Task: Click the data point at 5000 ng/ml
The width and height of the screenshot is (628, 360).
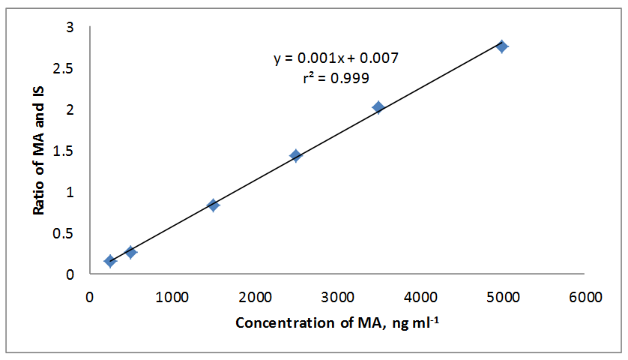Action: coord(502,46)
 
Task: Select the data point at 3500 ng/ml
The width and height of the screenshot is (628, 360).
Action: coord(378,107)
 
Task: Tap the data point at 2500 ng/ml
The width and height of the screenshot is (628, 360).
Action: coord(295,155)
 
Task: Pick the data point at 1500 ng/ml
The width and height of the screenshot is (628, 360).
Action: coord(213,205)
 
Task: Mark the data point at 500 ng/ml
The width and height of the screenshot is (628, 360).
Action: coord(130,252)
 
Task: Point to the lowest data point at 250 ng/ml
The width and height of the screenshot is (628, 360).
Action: coord(110,261)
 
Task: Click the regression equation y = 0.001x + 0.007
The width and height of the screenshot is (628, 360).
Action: coord(335,58)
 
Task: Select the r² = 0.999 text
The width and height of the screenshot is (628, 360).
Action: coord(335,77)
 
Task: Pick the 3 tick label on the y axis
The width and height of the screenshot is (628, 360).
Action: coord(70,28)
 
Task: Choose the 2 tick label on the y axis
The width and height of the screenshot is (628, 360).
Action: coord(70,109)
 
